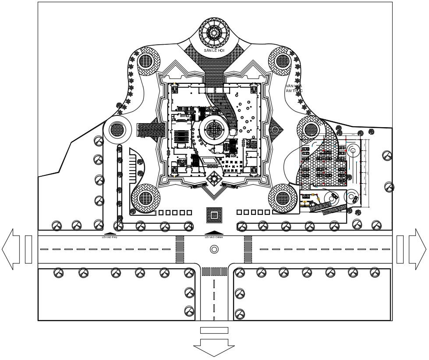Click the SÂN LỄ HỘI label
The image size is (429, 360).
click(x=214, y=51)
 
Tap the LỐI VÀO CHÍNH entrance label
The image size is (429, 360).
click(x=213, y=237)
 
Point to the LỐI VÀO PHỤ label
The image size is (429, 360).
click(x=110, y=237)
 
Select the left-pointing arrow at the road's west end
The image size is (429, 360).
click(x=11, y=249)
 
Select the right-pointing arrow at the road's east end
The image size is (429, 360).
click(x=417, y=249)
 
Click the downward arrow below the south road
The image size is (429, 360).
click(x=214, y=347)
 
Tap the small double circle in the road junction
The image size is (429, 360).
click(x=214, y=249)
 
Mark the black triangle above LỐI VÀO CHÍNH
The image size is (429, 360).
click(x=214, y=232)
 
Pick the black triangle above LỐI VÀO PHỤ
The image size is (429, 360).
click(x=110, y=233)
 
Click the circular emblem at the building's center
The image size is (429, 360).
click(x=215, y=129)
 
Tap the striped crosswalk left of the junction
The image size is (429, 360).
click(x=180, y=249)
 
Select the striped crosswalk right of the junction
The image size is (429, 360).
click(x=248, y=249)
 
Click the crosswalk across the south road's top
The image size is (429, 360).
click(x=214, y=271)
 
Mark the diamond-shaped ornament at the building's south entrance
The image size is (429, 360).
click(x=214, y=178)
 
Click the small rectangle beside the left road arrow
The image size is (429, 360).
click(x=28, y=249)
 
